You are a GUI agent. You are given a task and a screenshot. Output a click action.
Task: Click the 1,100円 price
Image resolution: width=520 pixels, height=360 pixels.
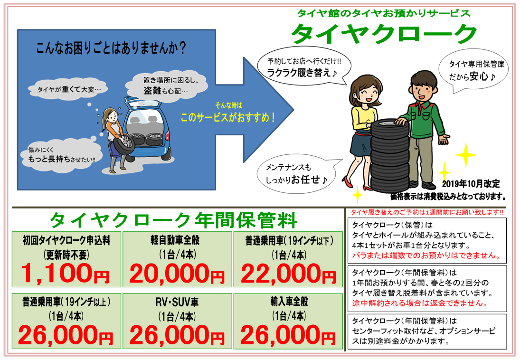[x=66, y=274]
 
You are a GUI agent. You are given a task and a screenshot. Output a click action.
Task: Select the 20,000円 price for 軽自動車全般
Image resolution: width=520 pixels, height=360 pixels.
[x=177, y=274]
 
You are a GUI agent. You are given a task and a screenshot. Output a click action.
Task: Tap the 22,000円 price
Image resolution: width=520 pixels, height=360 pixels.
[x=288, y=274]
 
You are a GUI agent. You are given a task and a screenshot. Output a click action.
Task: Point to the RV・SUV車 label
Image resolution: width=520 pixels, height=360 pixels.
[x=177, y=302]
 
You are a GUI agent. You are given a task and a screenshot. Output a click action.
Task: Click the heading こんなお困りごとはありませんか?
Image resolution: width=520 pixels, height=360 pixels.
[x=111, y=48]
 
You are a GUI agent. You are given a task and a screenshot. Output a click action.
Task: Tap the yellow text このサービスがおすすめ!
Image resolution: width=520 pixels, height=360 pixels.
[x=227, y=117]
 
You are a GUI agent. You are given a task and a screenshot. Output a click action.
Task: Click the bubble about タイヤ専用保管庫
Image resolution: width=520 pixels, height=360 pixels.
[x=473, y=71]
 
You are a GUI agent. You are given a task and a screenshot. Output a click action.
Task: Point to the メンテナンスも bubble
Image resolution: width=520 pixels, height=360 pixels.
[x=297, y=174]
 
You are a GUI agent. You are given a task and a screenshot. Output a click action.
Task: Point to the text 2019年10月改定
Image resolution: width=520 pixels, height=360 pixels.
[x=471, y=184]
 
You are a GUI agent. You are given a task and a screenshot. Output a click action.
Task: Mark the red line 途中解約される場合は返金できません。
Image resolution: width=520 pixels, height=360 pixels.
[x=419, y=303]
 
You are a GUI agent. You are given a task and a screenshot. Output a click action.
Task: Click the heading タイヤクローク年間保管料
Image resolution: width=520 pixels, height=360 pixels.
[x=173, y=220]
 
